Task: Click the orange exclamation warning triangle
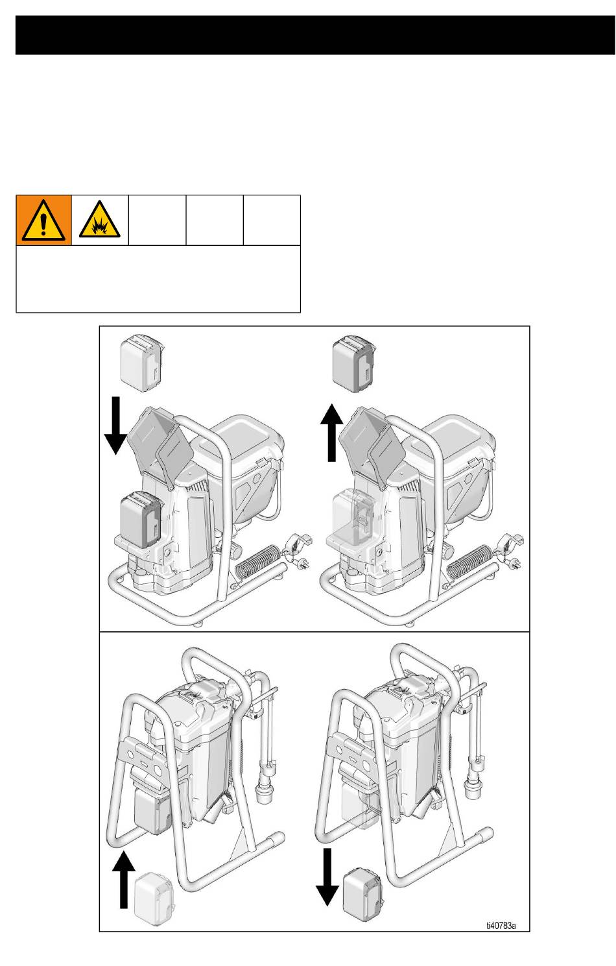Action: [x=43, y=220]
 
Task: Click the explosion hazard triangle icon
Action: [x=100, y=219]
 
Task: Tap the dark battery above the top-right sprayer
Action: [x=353, y=363]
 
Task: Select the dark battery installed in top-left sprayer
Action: [x=141, y=520]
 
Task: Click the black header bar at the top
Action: [x=315, y=36]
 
